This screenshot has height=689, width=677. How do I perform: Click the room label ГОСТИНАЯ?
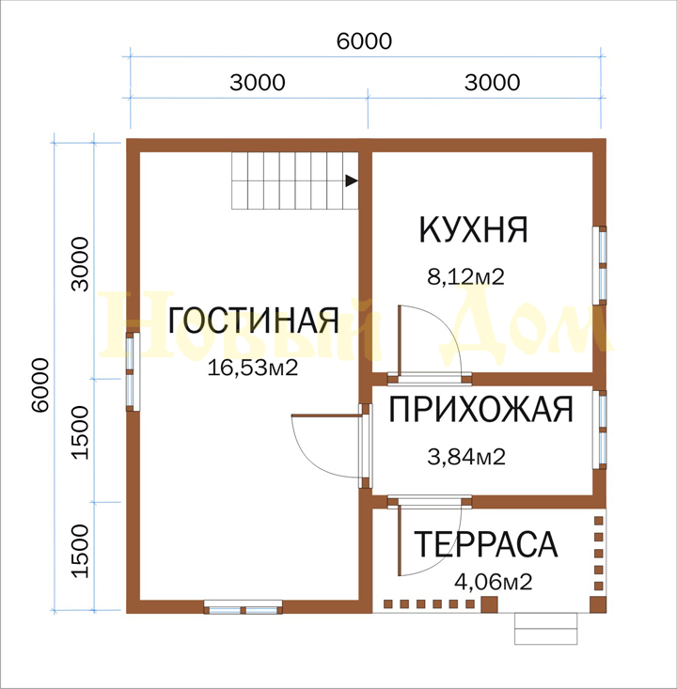[253, 320]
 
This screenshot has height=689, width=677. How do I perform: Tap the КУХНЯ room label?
[474, 229]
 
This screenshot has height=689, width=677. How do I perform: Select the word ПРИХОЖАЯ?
[480, 409]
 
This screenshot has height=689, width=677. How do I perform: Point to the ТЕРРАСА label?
[486, 544]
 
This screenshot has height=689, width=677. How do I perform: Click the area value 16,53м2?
[253, 368]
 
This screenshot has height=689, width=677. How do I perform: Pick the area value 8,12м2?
[465, 277]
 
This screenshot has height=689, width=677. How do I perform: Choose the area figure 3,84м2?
[466, 457]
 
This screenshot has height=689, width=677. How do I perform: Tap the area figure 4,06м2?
[494, 582]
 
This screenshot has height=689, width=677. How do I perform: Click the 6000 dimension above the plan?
[364, 41]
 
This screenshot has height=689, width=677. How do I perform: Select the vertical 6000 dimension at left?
[40, 385]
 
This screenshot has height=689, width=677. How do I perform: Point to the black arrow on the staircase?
[352, 180]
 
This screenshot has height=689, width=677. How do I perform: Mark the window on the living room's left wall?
[133, 371]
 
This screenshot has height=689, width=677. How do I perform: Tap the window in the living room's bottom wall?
[244, 607]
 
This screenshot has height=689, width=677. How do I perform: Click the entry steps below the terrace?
[545, 629]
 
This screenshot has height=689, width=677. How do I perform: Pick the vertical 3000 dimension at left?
[80, 264]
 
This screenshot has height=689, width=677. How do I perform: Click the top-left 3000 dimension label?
[258, 82]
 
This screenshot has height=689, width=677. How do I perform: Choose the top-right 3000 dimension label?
[493, 82]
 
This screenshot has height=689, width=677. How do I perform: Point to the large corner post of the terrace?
[598, 604]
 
